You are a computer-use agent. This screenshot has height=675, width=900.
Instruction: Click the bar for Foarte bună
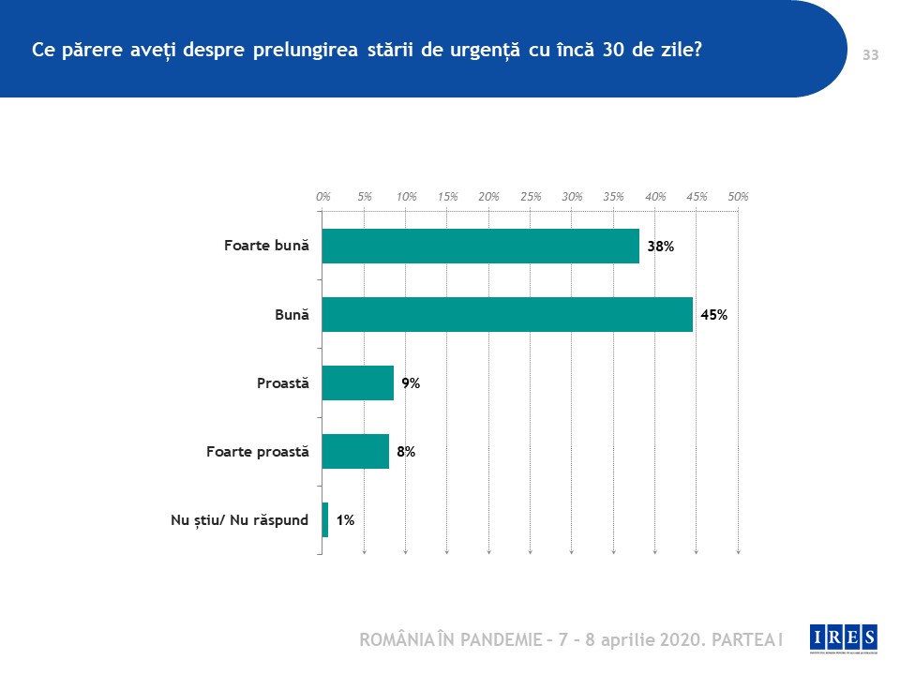click(x=480, y=246)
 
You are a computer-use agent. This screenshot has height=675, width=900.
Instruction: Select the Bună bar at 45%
click(x=507, y=314)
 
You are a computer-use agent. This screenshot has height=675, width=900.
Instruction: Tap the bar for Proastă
click(x=357, y=382)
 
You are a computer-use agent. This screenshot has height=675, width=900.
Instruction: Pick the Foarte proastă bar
click(x=355, y=451)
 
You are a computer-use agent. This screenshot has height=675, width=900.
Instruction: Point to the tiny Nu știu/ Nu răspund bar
click(x=325, y=519)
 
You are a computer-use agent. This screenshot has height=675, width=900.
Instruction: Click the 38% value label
click(x=661, y=247)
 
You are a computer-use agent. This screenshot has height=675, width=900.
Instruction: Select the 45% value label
click(x=713, y=315)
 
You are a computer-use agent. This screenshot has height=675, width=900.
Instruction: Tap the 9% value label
click(x=410, y=383)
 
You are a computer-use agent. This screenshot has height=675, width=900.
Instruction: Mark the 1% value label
click(x=344, y=520)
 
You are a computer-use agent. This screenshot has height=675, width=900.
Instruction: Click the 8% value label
click(x=405, y=452)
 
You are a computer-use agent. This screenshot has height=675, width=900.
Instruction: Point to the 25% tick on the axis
click(x=531, y=197)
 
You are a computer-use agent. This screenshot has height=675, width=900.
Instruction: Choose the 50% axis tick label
click(x=738, y=197)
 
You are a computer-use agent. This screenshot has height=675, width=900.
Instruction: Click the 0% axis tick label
click(x=323, y=197)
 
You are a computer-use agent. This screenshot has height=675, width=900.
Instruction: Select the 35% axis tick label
click(x=613, y=197)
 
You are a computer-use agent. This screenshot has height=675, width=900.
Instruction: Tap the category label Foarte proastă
click(x=257, y=452)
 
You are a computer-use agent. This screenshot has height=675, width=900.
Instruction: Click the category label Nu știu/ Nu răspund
click(x=239, y=520)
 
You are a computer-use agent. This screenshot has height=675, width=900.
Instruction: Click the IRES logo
click(x=844, y=637)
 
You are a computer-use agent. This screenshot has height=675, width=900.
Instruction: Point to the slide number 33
click(x=870, y=55)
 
